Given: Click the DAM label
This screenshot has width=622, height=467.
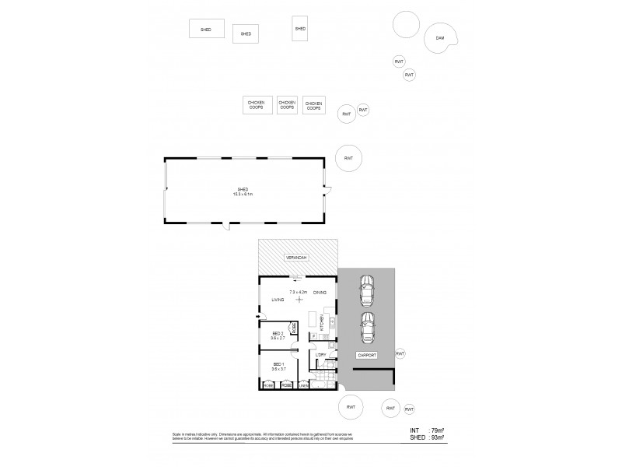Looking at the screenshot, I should (x=440, y=38).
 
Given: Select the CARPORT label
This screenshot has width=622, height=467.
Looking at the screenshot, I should (x=367, y=355).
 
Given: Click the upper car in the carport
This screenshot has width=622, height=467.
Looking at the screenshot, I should (x=365, y=291).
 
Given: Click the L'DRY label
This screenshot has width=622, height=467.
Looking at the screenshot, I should (x=320, y=355).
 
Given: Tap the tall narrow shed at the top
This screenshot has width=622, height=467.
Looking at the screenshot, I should (x=300, y=28).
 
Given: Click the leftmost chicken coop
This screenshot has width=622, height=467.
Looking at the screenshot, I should (x=257, y=105).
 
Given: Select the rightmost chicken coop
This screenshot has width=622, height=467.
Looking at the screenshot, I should (x=314, y=105).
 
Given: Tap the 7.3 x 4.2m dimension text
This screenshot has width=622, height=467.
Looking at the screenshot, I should (x=299, y=292).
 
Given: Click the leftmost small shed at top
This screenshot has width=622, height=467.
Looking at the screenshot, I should (x=206, y=30).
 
